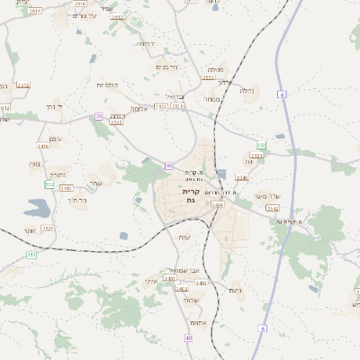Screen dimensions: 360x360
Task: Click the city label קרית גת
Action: pyautogui.click(x=190, y=196)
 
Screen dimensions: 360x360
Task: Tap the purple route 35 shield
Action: pyautogui.click(x=98, y=116)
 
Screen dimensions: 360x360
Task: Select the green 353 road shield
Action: pyautogui.click(x=31, y=256)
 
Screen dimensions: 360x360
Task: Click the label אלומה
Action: pyautogui.click(x=139, y=108)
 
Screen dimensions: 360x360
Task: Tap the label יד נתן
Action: pyautogui.click(x=29, y=106)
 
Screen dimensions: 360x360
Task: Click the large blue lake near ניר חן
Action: pyautogui.click(x=38, y=209)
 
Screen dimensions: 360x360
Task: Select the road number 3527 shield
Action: pyautogui.click(x=49, y=229)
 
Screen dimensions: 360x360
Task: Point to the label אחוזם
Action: pyautogui.click(x=201, y=324)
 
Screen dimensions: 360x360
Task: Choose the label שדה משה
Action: pyautogui.click(x=268, y=196)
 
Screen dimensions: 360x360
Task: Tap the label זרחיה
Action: pyautogui.click(x=147, y=43)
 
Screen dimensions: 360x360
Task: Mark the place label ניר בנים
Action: pyautogui.click(x=167, y=66)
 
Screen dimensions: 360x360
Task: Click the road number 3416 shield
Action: pyautogui.click(x=42, y=146)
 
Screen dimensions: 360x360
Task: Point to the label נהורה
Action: pyautogui.click(x=58, y=175)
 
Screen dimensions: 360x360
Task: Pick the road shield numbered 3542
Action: pyautogui.click(x=273, y=208)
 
